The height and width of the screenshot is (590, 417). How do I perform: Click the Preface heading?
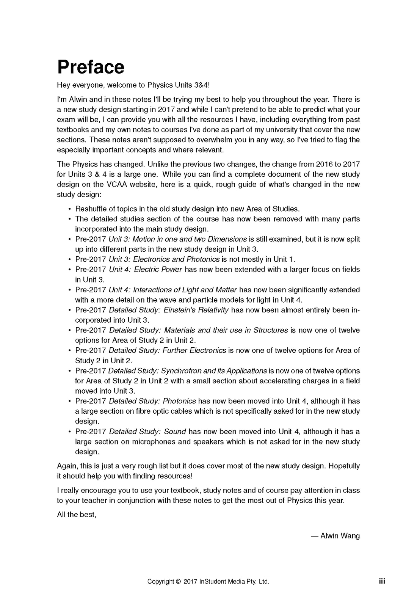point(91,67)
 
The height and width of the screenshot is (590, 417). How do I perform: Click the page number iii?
point(382,581)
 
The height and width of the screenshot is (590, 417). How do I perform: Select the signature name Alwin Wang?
point(340,536)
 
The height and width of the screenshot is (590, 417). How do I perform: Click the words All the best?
point(76,515)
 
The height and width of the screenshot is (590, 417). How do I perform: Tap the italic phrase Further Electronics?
point(194,350)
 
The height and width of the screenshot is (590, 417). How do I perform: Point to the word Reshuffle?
point(91,209)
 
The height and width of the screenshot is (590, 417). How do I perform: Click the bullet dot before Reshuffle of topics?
point(70,209)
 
